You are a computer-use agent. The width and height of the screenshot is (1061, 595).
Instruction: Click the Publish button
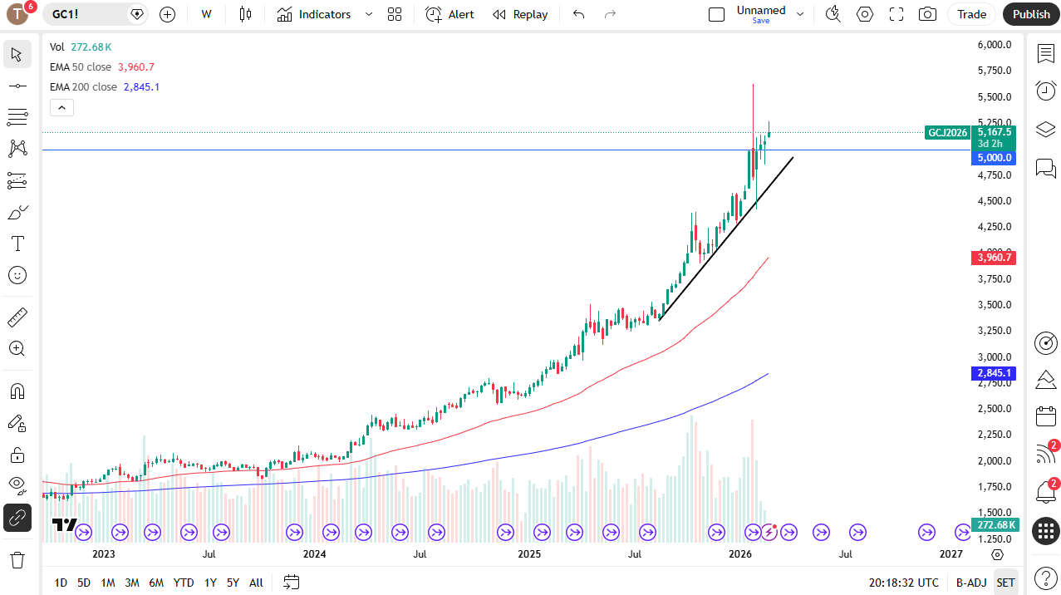click(1031, 14)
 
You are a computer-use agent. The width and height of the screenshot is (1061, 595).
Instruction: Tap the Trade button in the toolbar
click(971, 14)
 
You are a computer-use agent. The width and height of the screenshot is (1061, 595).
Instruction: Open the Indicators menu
click(315, 14)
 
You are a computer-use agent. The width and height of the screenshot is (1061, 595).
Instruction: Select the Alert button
click(450, 14)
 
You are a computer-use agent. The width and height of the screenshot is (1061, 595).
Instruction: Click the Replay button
click(520, 14)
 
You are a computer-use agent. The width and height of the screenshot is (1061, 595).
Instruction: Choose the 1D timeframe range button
click(61, 583)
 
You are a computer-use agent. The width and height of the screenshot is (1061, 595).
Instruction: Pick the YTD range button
click(184, 583)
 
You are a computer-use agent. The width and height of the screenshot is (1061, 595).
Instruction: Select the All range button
click(256, 583)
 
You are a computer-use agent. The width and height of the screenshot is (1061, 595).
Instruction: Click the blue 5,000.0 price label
click(994, 158)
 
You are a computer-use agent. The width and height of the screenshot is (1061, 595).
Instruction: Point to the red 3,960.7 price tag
click(994, 258)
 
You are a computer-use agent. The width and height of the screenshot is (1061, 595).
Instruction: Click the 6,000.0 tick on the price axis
click(994, 45)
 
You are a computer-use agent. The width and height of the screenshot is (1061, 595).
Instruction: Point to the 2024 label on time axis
click(314, 553)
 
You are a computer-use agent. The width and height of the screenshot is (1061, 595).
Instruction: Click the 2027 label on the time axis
click(950, 553)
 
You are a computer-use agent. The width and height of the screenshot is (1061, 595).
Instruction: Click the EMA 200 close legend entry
click(83, 87)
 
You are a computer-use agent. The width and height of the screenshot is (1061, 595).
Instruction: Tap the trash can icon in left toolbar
click(17, 559)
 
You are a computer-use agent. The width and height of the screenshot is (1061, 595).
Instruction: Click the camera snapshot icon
click(927, 14)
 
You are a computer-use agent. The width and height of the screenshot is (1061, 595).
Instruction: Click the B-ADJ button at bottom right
click(970, 583)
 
